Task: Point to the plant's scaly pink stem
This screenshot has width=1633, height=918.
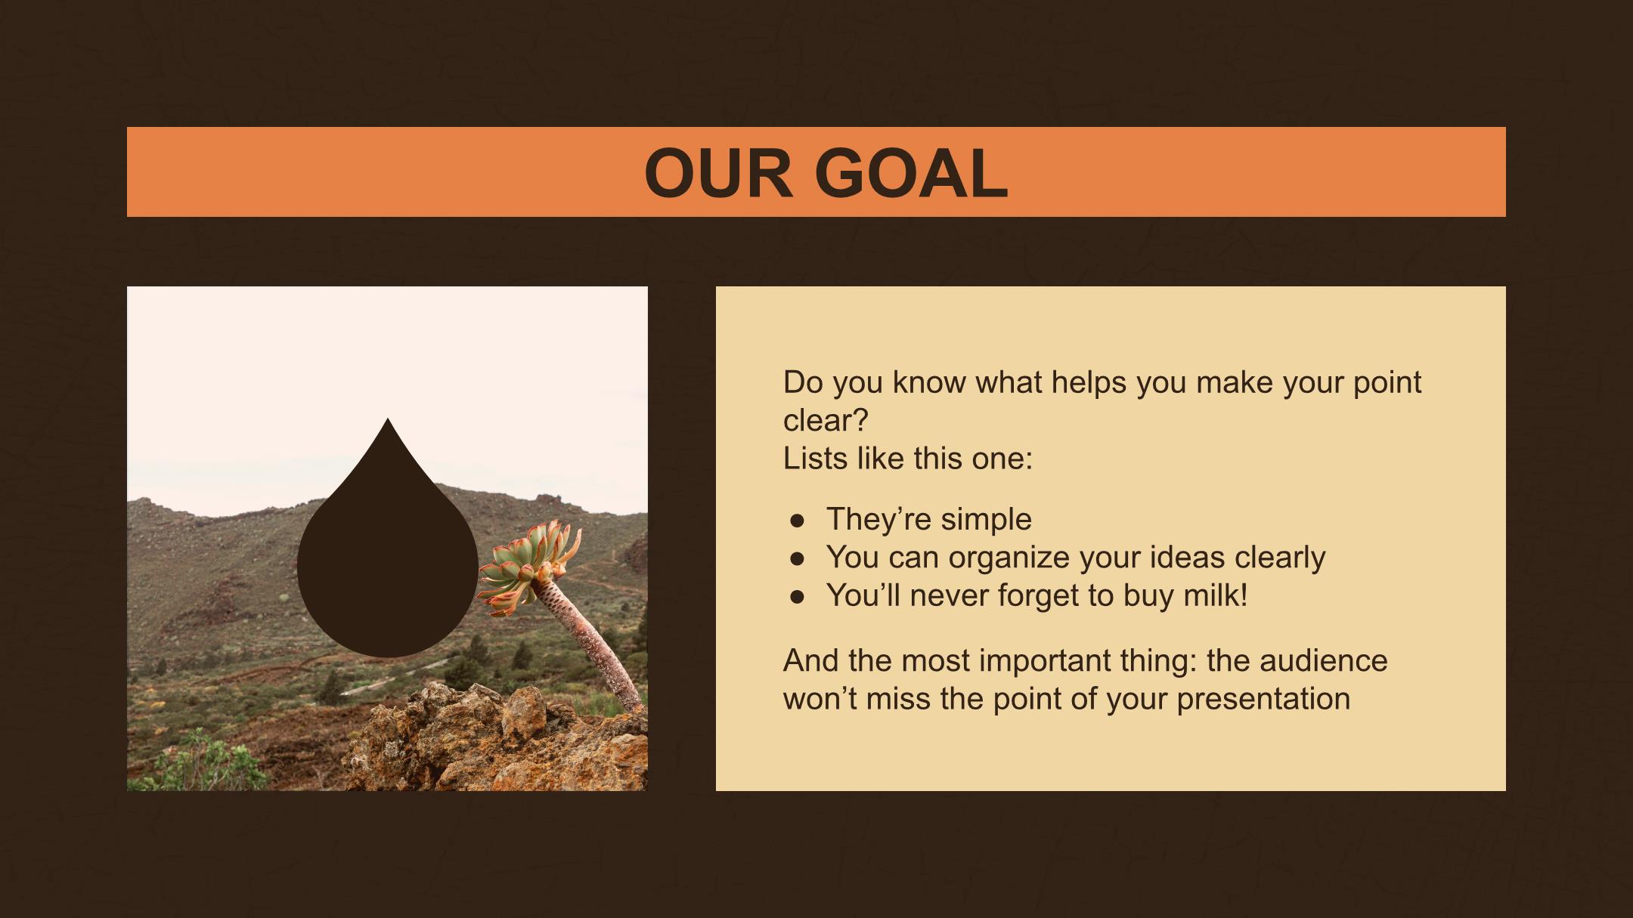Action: (x=597, y=642)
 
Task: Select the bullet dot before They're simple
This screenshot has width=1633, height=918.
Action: (x=796, y=521)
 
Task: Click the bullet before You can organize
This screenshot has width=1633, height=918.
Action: (x=796, y=558)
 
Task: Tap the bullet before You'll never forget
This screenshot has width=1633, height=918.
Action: (x=796, y=597)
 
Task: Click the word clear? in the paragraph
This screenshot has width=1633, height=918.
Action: (x=826, y=421)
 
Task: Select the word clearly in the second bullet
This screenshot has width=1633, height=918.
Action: (x=1280, y=558)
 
